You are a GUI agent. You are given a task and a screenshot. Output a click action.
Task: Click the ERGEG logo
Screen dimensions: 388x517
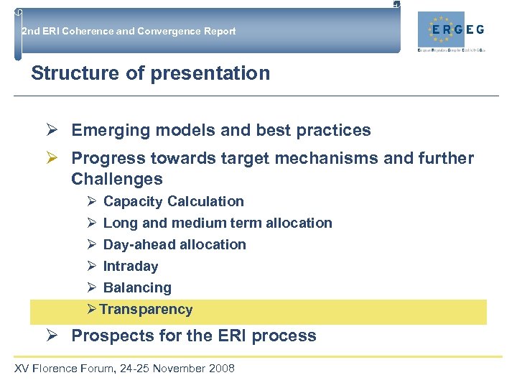tap(457, 30)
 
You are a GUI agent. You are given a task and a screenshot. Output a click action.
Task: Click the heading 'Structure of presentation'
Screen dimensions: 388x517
tap(151, 73)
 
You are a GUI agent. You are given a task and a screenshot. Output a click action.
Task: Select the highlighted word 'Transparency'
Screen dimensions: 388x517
tap(146, 310)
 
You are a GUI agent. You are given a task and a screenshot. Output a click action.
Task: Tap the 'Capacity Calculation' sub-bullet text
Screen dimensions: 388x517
tap(173, 202)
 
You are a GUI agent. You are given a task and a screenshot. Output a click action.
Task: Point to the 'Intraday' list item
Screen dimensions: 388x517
tap(130, 267)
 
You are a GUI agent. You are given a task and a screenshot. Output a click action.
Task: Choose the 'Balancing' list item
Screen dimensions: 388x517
tap(137, 288)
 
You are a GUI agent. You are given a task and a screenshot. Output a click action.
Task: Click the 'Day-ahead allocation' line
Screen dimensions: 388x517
tap(174, 245)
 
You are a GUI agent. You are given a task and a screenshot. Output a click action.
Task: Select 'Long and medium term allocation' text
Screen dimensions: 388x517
tap(218, 223)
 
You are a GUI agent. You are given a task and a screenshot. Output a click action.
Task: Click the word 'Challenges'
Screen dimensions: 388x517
tap(117, 179)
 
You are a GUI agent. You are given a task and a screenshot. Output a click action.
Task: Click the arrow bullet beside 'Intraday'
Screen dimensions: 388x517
tap(92, 267)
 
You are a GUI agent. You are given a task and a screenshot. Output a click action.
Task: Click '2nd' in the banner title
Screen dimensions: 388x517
tap(30, 31)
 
